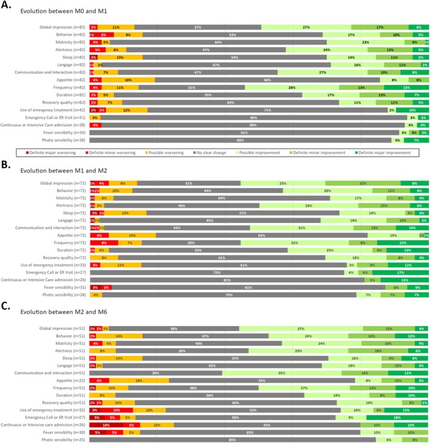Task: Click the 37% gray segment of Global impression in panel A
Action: click(198, 27)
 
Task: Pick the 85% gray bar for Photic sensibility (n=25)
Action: click(232, 439)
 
